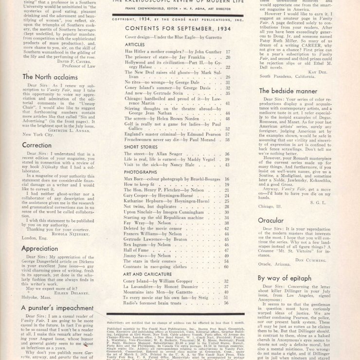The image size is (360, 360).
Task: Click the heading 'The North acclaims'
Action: click(x=48, y=76)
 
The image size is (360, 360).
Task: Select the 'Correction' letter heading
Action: click(x=37, y=144)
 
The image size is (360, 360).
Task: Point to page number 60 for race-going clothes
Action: click(x=226, y=267)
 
